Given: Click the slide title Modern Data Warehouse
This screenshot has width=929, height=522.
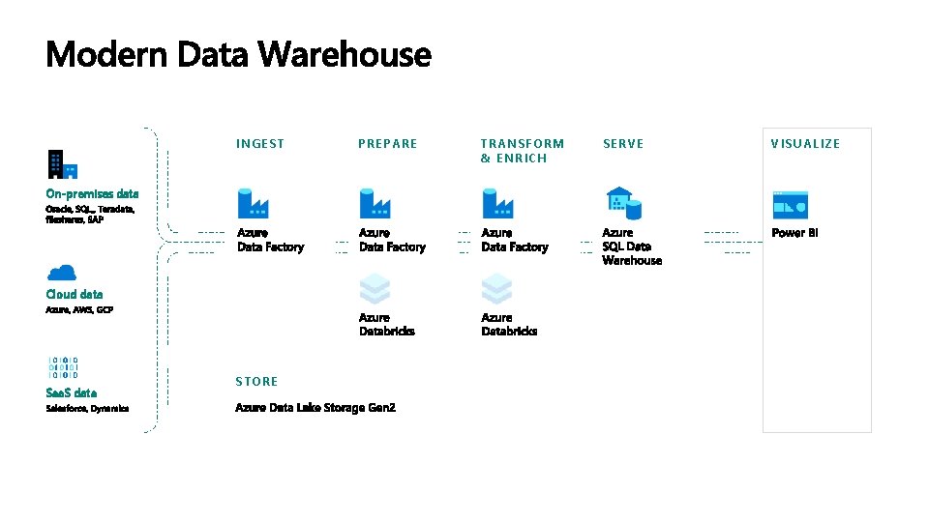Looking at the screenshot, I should click(x=238, y=55).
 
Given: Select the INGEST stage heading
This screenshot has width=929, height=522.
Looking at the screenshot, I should click(x=260, y=144).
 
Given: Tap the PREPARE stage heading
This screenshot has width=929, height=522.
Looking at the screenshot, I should click(x=387, y=144).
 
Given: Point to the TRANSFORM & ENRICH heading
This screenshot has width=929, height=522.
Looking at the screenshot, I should click(x=522, y=151).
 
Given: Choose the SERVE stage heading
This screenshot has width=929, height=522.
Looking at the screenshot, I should click(x=622, y=144).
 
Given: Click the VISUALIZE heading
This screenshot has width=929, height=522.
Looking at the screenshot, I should click(x=805, y=144).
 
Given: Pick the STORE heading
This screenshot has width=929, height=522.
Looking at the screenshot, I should click(x=256, y=382).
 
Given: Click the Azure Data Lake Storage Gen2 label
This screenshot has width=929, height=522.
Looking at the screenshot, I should click(x=315, y=408).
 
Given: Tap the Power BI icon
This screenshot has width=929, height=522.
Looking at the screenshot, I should click(x=790, y=204).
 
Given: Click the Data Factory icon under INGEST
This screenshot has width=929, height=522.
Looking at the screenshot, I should click(x=253, y=203).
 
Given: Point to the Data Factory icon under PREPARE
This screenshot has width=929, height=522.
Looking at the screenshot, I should click(x=375, y=203).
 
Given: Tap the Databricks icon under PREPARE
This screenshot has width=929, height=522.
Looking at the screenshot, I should click(x=375, y=288).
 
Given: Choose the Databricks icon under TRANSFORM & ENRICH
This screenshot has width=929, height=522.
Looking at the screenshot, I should click(x=496, y=288).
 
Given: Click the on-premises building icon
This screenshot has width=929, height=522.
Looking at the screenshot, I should click(x=62, y=164).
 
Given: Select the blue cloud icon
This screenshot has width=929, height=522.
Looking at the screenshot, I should click(x=61, y=273).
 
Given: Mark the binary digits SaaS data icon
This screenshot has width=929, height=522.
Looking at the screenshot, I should click(x=63, y=367).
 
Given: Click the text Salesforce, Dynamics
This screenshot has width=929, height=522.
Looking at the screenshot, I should click(x=87, y=409).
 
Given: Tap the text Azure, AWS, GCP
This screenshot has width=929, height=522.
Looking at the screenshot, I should click(x=79, y=310).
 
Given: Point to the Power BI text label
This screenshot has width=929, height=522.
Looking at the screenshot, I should click(x=794, y=233).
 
